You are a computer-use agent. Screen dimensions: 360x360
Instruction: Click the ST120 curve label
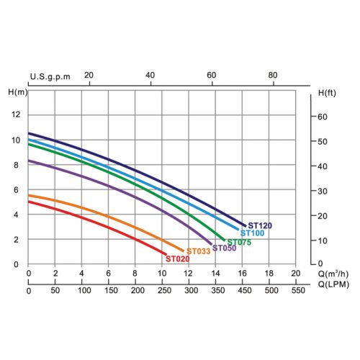[x=260, y=225]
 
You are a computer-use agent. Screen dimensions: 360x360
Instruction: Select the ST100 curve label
[x=252, y=233]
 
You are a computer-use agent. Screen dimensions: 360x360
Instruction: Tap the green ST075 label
[x=239, y=242]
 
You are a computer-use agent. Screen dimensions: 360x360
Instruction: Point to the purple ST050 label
[x=224, y=248]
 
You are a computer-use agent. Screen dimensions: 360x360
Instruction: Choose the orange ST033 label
[x=199, y=251]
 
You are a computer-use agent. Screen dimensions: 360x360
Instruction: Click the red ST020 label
[x=178, y=259]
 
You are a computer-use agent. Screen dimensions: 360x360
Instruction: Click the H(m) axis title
[x=18, y=92]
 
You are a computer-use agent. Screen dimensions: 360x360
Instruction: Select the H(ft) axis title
[x=327, y=93]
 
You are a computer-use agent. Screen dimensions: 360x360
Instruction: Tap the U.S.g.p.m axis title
[x=50, y=76]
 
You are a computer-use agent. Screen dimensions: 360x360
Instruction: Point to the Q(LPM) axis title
[x=333, y=284]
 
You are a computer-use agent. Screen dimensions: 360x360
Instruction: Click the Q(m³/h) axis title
[x=333, y=274]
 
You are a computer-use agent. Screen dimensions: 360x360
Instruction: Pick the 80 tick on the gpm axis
[x=273, y=76]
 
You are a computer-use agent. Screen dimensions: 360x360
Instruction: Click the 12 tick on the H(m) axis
[x=16, y=114]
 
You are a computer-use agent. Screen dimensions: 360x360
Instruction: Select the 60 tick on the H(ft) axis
[x=323, y=117]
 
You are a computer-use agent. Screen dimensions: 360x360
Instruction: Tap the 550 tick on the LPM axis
[x=298, y=290]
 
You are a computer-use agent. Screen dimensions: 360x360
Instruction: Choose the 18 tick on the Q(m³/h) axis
[x=269, y=273]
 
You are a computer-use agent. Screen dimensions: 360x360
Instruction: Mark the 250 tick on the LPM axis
[x=164, y=290]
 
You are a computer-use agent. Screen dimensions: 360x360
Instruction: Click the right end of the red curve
[x=166, y=254]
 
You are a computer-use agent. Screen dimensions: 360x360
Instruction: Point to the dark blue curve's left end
[x=29, y=133]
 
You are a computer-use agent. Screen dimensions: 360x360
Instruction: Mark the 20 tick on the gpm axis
[x=89, y=76]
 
